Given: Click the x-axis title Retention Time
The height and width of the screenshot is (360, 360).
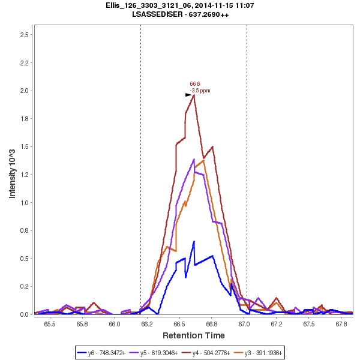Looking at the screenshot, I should point(194,335).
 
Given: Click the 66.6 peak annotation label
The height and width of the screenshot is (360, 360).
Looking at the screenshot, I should point(194,84).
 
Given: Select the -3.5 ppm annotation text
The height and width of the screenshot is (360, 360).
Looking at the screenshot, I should point(200,91).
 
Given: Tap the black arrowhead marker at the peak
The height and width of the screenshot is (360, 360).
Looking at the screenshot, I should point(188,95).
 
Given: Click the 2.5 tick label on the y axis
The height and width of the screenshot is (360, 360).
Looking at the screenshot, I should point(25,35).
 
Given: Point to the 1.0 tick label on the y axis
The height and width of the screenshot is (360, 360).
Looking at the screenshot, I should point(25,203).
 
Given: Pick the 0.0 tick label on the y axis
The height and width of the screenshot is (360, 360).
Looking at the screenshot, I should point(25,314).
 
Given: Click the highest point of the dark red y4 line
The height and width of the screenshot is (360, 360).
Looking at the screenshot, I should point(194,95).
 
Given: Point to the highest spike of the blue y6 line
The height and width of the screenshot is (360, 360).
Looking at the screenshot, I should point(194,241).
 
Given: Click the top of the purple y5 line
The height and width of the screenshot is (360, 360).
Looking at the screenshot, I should point(194,159).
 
